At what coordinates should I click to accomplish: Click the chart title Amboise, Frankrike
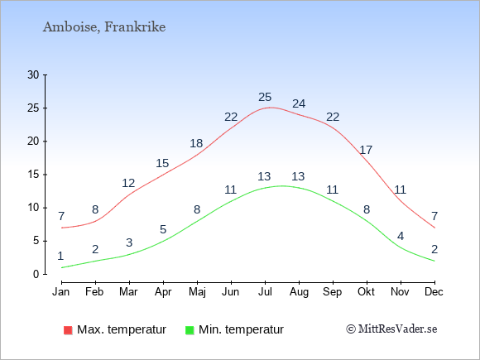(x=104, y=27)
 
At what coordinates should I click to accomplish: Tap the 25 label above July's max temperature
(x=265, y=97)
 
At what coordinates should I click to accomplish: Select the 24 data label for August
(x=299, y=103)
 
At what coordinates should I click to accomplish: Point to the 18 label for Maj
(x=196, y=143)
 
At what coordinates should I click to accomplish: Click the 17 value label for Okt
(x=366, y=150)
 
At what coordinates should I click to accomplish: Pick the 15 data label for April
(x=162, y=163)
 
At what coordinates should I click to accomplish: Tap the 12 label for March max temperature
(x=128, y=183)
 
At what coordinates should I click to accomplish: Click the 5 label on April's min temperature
(x=163, y=229)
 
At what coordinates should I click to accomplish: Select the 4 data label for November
(x=401, y=236)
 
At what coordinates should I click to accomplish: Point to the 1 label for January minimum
(x=60, y=256)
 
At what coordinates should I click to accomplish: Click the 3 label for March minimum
(x=129, y=242)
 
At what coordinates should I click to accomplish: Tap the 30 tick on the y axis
(x=33, y=74)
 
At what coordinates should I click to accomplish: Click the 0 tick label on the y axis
(x=36, y=274)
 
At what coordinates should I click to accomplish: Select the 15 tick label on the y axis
(x=33, y=175)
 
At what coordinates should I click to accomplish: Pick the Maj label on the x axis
(x=197, y=292)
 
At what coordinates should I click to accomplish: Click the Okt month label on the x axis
(x=366, y=292)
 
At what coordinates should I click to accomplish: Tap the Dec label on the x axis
(x=434, y=292)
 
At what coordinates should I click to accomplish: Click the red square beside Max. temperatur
(x=68, y=330)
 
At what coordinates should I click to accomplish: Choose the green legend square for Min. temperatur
(x=190, y=330)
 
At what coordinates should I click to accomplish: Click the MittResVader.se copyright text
(x=391, y=329)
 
